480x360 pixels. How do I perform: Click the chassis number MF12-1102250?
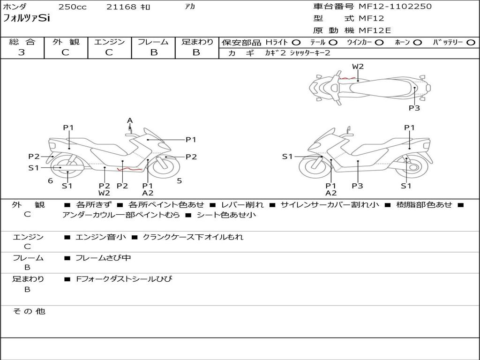(395, 7)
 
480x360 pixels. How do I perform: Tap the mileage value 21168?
(121, 7)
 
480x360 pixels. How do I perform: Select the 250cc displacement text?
(72, 7)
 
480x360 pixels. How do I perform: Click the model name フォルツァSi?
(26, 19)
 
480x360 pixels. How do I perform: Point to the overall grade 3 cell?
(22, 52)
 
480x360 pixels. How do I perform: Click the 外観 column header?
(66, 42)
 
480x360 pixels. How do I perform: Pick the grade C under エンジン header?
(109, 52)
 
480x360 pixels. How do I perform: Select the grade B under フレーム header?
(153, 52)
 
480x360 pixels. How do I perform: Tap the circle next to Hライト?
(296, 43)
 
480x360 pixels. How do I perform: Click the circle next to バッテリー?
(471, 43)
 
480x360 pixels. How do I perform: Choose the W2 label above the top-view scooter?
(358, 67)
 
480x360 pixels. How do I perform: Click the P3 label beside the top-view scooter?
(414, 108)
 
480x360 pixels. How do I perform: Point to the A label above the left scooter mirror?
(130, 120)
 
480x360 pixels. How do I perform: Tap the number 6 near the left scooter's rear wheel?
(50, 181)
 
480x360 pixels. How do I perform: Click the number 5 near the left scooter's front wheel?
(179, 180)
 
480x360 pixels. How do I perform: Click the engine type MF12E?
(375, 30)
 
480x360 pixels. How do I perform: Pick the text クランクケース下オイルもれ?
(193, 237)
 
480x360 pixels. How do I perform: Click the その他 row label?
(28, 311)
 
